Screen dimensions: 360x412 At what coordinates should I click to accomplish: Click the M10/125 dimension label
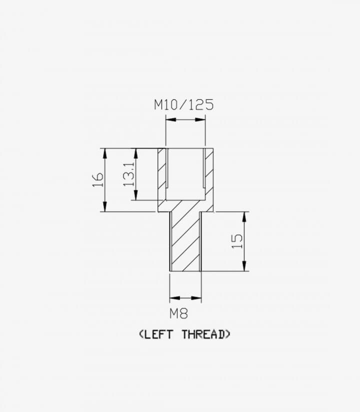tap(183, 105)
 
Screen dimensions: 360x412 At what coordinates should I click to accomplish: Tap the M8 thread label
tap(178, 313)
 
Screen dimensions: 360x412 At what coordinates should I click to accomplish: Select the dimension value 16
tap(98, 180)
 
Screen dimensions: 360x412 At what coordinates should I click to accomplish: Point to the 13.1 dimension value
tap(129, 174)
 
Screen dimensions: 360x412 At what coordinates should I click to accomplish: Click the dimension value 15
tap(237, 241)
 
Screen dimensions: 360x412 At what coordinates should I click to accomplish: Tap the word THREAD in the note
tap(203, 334)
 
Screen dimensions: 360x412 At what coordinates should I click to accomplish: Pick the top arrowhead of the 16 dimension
tap(105, 153)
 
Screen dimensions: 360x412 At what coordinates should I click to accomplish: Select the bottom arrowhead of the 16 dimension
tap(105, 207)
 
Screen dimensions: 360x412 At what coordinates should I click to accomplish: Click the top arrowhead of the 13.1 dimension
tap(135, 153)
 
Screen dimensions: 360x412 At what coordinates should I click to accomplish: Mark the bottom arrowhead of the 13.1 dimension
tap(135, 195)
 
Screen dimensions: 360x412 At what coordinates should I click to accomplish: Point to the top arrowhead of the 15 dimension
tap(244, 216)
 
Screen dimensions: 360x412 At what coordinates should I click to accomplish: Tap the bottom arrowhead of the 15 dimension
tap(244, 266)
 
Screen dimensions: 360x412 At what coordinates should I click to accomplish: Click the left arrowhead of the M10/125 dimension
tap(171, 120)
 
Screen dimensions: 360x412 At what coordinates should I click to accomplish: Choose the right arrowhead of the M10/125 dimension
tap(200, 120)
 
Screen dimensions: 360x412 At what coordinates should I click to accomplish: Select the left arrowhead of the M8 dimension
tap(175, 298)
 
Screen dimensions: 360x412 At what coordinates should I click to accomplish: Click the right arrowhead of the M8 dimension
tap(196, 298)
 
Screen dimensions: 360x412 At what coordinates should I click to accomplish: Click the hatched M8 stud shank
tap(185, 241)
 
